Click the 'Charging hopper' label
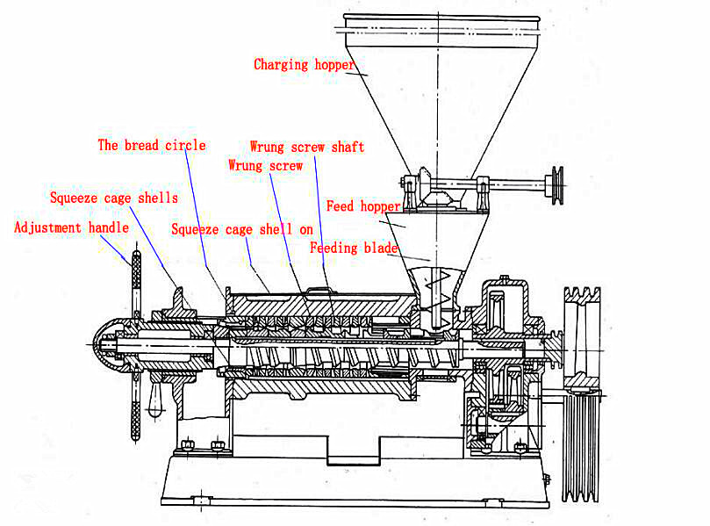coord(304,65)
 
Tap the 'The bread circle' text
coord(152,146)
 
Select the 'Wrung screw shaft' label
coord(307,147)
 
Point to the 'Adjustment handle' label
coord(72,227)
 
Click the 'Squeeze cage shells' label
coord(114,198)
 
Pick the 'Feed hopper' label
coord(363,206)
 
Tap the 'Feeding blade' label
coord(354,248)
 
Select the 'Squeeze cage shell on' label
coord(242,230)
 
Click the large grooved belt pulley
coord(582,393)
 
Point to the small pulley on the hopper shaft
coord(557,185)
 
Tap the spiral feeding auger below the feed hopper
coord(436,298)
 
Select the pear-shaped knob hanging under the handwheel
coord(155,400)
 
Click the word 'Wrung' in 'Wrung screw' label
coord(246,166)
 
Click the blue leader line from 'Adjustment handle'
coord(115,250)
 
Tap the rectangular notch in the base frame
coord(353,450)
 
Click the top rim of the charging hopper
coord(441,18)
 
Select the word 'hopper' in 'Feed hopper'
coord(381,207)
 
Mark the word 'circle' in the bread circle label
coord(185,146)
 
